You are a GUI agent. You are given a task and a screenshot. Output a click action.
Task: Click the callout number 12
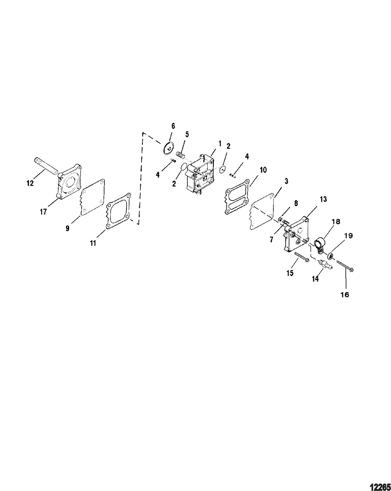[x=30, y=183]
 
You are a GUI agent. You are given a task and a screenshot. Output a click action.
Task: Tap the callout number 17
[x=43, y=212]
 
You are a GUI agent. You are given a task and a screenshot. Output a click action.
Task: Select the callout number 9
[x=67, y=228]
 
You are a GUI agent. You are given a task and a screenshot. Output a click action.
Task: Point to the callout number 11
[x=93, y=243]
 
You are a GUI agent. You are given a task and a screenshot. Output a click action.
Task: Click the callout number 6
[x=173, y=126]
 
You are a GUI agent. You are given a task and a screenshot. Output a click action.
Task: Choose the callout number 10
[x=263, y=170]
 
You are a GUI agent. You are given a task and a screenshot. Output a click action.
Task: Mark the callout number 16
[x=345, y=295]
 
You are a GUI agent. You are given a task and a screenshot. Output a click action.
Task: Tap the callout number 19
[x=348, y=236]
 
